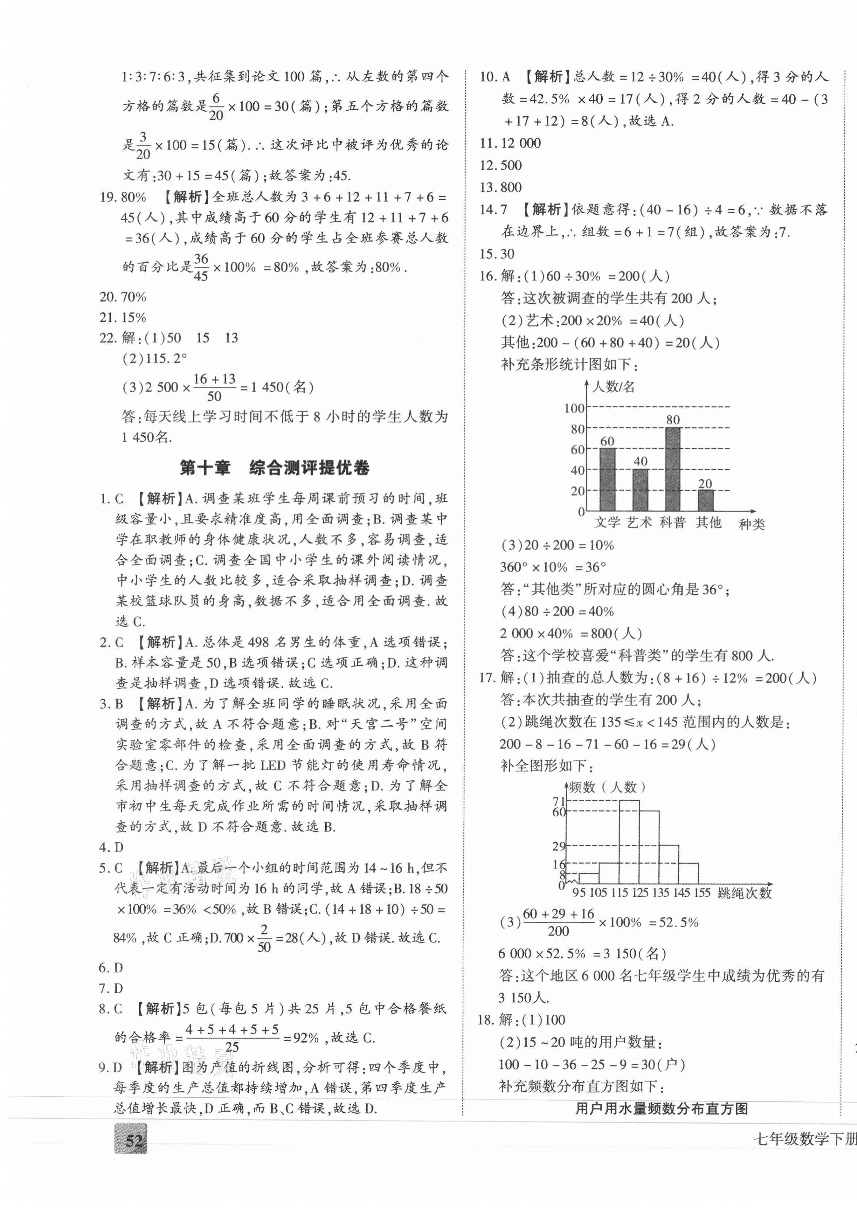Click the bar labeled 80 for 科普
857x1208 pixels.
tap(672, 469)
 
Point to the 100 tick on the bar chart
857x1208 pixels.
tap(574, 408)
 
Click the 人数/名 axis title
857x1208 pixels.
tap(613, 387)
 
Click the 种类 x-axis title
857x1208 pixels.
tap(751, 524)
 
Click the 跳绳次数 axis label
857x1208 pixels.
tap(744, 892)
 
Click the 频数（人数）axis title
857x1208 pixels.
tap(607, 787)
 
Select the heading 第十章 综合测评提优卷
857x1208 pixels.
tap(274, 468)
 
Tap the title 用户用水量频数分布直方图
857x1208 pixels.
tap(662, 1109)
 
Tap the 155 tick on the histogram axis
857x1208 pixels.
tap(701, 892)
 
